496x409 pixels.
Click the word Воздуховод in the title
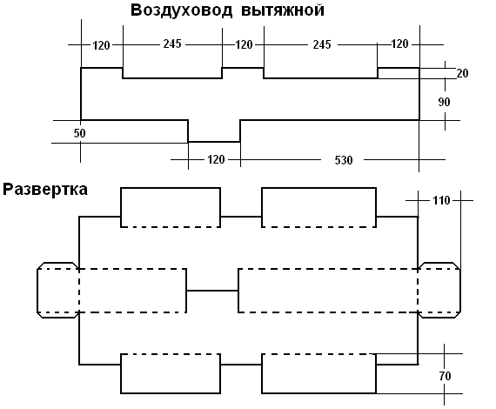coord(181,10)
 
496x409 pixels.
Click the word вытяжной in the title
coord(283,10)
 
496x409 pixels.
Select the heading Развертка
coord(45,190)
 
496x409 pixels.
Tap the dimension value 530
coord(344,160)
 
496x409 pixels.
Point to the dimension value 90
coord(444,102)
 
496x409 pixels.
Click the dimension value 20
coord(462,73)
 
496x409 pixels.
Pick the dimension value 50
coord(80,133)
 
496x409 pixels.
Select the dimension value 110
coord(441,200)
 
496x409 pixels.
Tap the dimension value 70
coord(445,376)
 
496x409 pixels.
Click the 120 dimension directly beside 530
coord(216,159)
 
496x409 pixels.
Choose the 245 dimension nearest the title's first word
coord(172,44)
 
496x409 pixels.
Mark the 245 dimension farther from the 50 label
coord(322,44)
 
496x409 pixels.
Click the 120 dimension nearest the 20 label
coord(399,44)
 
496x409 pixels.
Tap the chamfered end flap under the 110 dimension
coord(439,290)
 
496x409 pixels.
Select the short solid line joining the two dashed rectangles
coord(212,291)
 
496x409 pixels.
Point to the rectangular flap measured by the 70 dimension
coord(318,373)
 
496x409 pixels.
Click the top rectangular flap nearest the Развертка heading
coord(171,207)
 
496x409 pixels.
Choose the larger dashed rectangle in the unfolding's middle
coord(328,291)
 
